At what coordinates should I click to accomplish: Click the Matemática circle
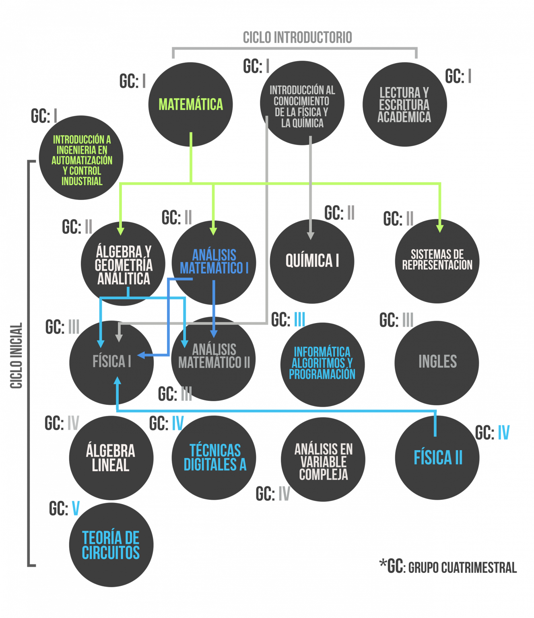coord(190,104)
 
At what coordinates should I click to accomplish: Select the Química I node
coord(312,261)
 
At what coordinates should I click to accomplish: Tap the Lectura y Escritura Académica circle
coord(404,105)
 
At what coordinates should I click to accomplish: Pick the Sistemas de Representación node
coord(437,261)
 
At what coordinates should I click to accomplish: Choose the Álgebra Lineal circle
coord(111,458)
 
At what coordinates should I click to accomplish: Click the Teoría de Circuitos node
coord(111,545)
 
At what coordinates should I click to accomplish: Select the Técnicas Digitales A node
coord(214,457)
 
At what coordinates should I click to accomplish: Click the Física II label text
coord(438,458)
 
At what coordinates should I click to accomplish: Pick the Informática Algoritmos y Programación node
coord(322,364)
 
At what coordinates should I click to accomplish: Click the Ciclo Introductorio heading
coord(297,37)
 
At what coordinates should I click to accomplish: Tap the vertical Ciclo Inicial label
coord(16,356)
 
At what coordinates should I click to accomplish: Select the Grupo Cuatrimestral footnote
coord(448,567)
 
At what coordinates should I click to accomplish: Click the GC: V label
coord(64,509)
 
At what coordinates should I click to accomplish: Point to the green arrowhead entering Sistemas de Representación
coord(440,228)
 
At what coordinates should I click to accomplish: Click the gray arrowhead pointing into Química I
coord(310,235)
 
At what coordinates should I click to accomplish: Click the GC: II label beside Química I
coord(339,213)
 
